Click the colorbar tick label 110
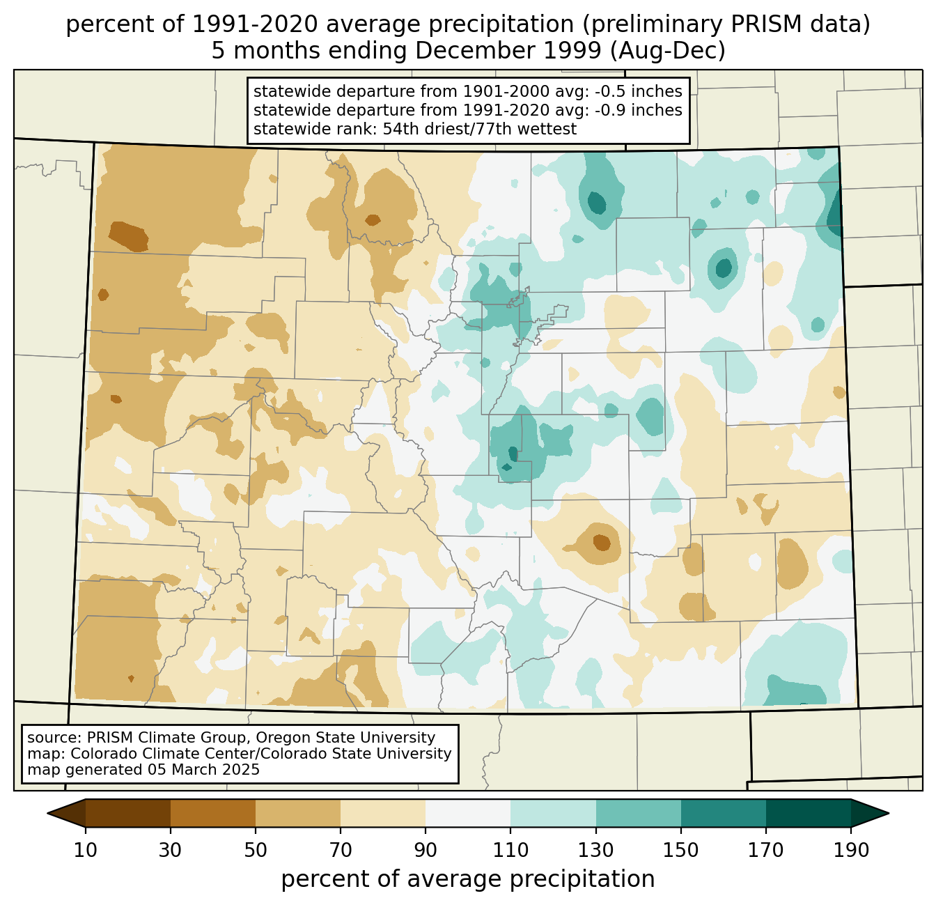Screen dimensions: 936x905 pyautogui.click(x=510, y=850)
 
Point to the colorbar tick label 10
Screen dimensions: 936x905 pyautogui.click(x=85, y=850)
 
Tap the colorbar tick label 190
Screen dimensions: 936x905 pyautogui.click(x=851, y=850)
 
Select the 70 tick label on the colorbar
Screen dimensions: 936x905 pyautogui.click(x=341, y=850)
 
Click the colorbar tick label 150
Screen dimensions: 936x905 pyautogui.click(x=680, y=850)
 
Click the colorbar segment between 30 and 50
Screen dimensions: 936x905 pyautogui.click(x=213, y=813)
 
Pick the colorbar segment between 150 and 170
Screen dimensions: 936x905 pyautogui.click(x=724, y=813)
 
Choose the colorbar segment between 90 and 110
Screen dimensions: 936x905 pyautogui.click(x=468, y=813)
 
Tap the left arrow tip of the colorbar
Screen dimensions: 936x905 pyautogui.click(x=47, y=813)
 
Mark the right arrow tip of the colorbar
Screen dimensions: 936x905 pyautogui.click(x=889, y=813)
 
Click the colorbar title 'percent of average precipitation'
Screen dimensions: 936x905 pyautogui.click(x=468, y=879)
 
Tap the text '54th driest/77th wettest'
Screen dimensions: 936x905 pyautogui.click(x=480, y=129)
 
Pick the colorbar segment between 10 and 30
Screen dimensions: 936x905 pyautogui.click(x=128, y=813)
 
